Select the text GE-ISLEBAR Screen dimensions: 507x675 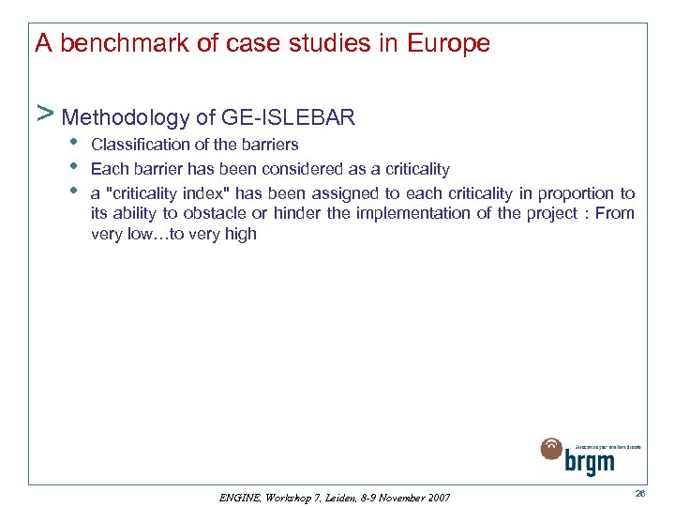[x=289, y=117]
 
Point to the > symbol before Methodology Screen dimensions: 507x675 [x=43, y=115]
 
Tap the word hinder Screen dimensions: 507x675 [x=298, y=213]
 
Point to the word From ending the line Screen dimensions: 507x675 [x=615, y=213]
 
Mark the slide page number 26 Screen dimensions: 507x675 [x=639, y=494]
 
